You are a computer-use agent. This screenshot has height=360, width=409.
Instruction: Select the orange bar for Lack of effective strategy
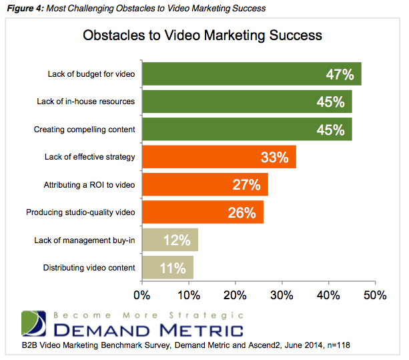[x=219, y=157]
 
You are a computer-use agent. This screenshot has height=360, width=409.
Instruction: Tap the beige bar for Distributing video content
[x=167, y=268]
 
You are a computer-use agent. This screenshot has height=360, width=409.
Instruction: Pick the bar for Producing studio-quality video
[x=203, y=212]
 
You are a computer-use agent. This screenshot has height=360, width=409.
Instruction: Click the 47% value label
[x=340, y=75]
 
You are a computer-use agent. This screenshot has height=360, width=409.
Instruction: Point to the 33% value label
[x=274, y=158]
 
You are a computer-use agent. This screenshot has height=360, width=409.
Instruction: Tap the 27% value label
[x=246, y=185]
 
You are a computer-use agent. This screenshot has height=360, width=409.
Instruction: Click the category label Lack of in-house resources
[x=86, y=102]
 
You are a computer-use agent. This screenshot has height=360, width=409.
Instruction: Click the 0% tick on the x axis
[x=142, y=294]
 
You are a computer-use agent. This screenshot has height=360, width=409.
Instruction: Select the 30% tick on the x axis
[x=282, y=294]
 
